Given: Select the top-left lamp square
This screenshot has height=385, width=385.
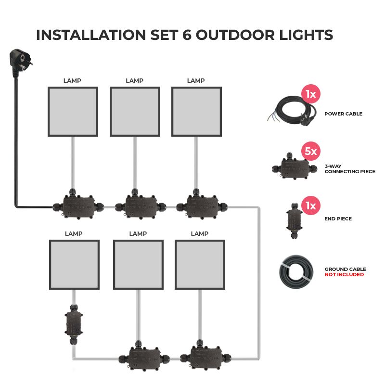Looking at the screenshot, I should pos(73,112).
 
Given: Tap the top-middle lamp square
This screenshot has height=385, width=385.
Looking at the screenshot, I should pos(135,112).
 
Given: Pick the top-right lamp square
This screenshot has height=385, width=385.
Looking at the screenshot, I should pos(196,112).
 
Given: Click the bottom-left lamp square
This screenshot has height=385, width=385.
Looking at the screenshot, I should pos(75,265).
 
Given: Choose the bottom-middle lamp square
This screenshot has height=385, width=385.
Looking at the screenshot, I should pos(138,265).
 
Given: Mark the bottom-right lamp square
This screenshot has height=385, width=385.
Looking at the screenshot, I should pos(200,265).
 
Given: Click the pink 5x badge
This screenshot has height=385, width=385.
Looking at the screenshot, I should pos(311,152).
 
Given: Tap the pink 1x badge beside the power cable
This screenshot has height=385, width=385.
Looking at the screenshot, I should pos(311,94).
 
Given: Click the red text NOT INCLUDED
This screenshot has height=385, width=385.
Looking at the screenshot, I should pos(344,275).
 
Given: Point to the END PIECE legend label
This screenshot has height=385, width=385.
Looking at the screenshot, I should pos(338,218).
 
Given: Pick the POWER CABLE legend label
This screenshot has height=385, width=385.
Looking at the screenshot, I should pos(343,114).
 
